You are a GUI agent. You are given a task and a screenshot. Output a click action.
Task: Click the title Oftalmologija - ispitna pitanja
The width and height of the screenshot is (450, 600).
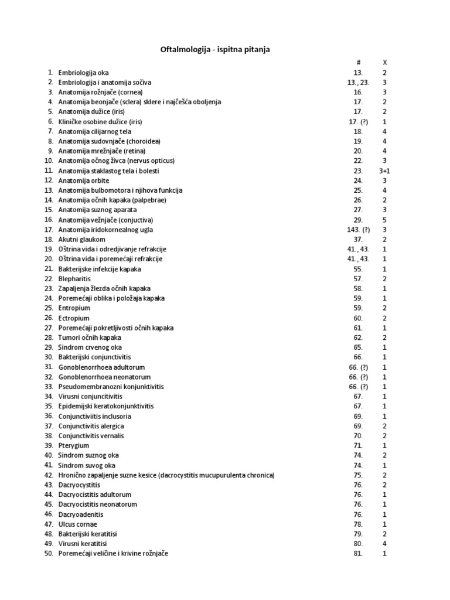tap(215, 50)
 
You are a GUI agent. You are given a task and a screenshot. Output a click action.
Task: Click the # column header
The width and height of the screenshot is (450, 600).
tap(358, 62)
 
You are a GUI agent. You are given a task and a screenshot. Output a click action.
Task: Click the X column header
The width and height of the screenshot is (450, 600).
tap(384, 62)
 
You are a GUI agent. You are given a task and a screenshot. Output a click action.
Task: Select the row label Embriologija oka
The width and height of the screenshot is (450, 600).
tap(83, 73)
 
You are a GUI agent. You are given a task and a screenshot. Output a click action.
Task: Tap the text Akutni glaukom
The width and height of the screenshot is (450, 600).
tap(82, 240)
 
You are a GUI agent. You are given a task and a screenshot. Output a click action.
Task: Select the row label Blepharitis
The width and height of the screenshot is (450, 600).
tap(74, 279)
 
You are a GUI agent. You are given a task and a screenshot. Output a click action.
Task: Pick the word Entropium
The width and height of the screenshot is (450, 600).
tap(74, 308)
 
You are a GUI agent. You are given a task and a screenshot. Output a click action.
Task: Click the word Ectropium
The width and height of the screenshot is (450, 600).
tap(74, 318)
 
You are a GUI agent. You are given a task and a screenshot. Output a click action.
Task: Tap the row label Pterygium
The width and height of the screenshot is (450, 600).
tap(74, 446)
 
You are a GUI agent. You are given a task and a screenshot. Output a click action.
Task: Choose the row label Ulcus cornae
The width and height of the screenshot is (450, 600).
tap(78, 524)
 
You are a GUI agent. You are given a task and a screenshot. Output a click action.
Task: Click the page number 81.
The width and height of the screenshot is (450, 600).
tap(358, 554)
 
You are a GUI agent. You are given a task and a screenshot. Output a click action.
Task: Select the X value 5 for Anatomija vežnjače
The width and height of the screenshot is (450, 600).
tap(384, 220)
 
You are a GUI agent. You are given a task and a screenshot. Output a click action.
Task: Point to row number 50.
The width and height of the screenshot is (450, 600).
tap(48, 554)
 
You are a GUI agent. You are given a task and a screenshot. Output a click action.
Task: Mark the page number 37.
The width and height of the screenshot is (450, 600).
tap(358, 240)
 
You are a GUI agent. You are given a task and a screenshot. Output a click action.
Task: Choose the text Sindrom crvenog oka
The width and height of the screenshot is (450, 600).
tap(90, 347)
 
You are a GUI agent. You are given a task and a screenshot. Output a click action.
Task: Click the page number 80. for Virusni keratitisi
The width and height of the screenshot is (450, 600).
tap(358, 544)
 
